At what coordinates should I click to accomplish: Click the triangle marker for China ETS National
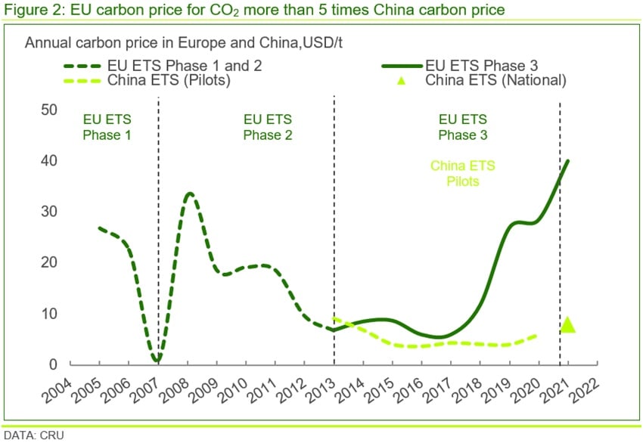click(x=568, y=325)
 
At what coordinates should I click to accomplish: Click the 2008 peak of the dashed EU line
click(x=189, y=194)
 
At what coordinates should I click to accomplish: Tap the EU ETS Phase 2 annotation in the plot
click(x=267, y=127)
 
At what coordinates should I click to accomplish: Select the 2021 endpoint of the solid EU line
click(x=568, y=160)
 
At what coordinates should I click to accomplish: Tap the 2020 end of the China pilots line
click(x=538, y=335)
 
